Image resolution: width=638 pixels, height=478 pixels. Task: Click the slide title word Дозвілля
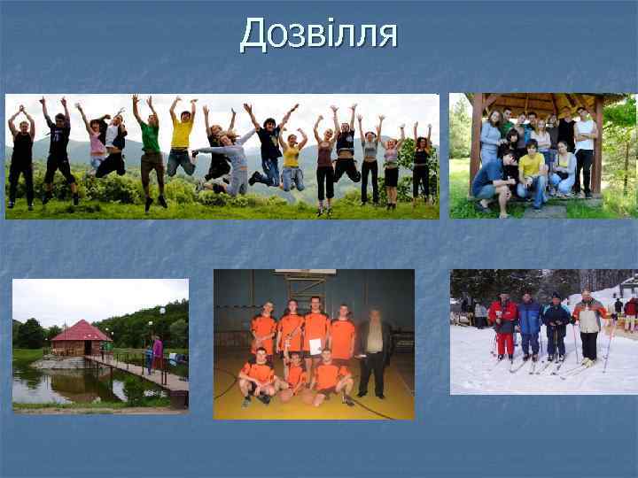(x=319, y=35)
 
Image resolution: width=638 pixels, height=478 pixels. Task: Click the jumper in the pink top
(x=97, y=146)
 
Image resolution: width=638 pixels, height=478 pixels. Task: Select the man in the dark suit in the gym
(x=373, y=350)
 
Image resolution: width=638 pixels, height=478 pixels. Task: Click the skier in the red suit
(x=503, y=326)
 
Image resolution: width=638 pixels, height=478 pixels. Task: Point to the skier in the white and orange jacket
(x=588, y=323)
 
